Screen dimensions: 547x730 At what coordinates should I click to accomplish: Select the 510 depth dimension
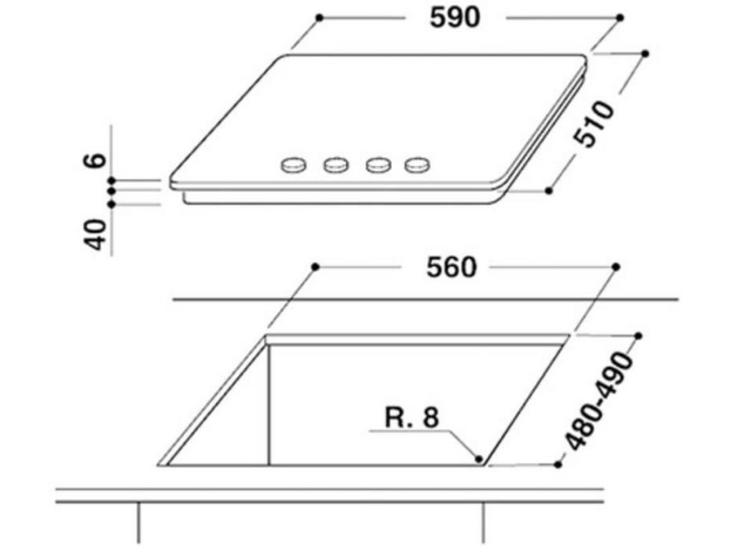pyautogui.click(x=596, y=123)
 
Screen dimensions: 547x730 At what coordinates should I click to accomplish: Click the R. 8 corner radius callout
pyautogui.click(x=412, y=418)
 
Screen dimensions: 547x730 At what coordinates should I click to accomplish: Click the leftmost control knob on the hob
pyautogui.click(x=294, y=165)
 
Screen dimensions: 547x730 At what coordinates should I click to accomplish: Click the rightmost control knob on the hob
pyautogui.click(x=417, y=165)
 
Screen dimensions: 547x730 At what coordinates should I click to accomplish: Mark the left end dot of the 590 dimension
pyautogui.click(x=319, y=17)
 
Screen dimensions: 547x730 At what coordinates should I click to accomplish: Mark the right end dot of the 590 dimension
pyautogui.click(x=620, y=17)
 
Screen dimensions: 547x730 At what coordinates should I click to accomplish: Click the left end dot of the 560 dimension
pyautogui.click(x=316, y=266)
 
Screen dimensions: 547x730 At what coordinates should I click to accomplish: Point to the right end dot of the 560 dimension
pyautogui.click(x=616, y=266)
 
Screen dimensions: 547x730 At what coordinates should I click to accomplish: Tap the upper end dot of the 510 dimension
pyautogui.click(x=645, y=54)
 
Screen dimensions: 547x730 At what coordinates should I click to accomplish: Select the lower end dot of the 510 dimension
pyautogui.click(x=548, y=191)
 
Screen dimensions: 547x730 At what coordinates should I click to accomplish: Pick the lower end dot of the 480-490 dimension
pyautogui.click(x=558, y=464)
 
